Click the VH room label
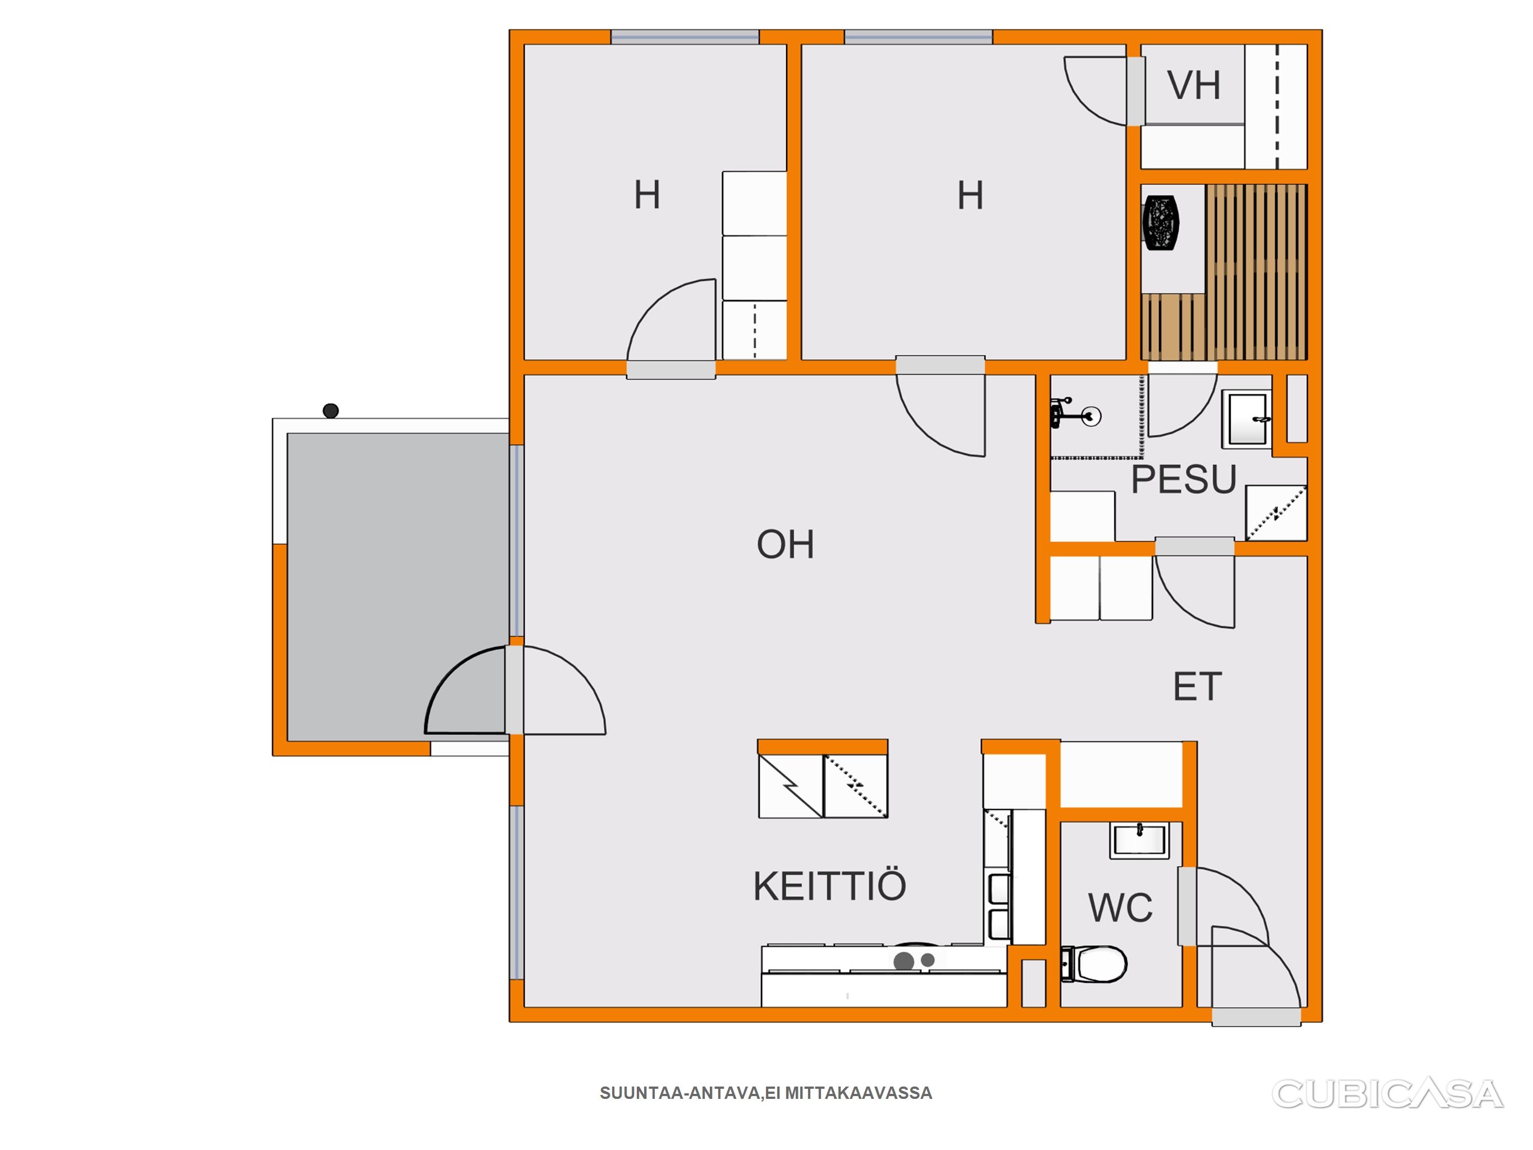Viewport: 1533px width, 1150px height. [x=1193, y=85]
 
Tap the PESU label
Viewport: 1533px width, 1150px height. [x=1184, y=479]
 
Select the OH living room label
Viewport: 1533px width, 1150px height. [x=785, y=544]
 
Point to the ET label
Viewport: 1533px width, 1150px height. [x=1197, y=686]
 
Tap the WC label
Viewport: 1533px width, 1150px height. [x=1121, y=907]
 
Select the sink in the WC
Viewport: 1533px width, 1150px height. [x=1139, y=841]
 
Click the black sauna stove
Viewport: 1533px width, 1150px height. [x=1160, y=222]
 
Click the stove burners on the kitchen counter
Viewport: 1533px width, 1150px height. [x=914, y=960]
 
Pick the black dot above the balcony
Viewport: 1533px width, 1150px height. [x=331, y=410]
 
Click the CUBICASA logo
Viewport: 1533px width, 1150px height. [x=1388, y=1093]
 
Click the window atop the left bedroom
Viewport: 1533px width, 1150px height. [x=685, y=38]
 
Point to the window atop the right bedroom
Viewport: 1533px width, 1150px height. [x=918, y=38]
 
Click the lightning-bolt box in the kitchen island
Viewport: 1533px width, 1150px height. [x=791, y=787]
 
